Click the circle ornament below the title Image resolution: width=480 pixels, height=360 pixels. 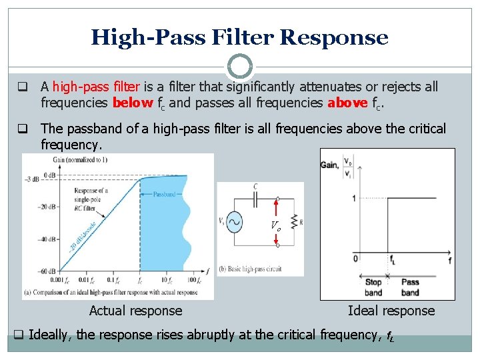[239, 67]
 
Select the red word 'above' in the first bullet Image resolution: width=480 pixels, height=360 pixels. [347, 103]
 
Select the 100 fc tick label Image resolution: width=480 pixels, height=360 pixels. [193, 281]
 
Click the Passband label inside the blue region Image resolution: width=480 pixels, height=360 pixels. [163, 195]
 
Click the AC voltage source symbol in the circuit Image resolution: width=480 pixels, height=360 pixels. [235, 222]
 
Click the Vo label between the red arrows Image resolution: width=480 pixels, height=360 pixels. [275, 226]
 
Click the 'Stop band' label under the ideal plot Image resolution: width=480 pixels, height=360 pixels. [373, 287]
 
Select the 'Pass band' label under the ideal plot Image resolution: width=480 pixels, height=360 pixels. [411, 287]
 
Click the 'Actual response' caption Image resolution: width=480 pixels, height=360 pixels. [135, 311]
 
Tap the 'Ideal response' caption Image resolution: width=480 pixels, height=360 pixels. [391, 311]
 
